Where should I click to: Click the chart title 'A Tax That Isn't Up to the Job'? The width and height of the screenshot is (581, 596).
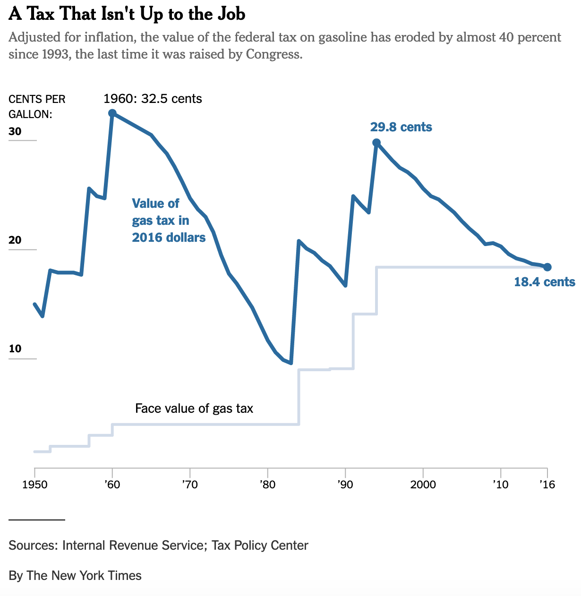pos(127,14)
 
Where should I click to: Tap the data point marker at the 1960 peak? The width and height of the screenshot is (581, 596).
pos(112,113)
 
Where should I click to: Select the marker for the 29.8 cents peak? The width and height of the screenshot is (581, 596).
pos(376,143)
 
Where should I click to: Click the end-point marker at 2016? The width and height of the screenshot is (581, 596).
pos(547,267)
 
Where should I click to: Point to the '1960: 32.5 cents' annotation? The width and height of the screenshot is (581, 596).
pos(153,99)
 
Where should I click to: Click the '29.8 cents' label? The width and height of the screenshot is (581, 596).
pos(401,127)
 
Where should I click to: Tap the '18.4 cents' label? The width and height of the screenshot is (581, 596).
pos(544,282)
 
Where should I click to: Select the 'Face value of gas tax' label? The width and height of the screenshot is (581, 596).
pos(194,408)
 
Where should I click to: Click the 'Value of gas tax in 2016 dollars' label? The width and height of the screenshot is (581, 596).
pos(169,220)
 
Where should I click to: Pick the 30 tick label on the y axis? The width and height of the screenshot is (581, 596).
pos(15,131)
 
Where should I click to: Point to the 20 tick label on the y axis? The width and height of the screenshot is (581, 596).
pos(15,240)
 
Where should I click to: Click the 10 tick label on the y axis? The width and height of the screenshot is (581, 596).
pos(15,349)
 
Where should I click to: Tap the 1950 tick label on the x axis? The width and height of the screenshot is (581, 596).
pos(35,485)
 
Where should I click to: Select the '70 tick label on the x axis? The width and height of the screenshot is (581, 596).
pos(189,485)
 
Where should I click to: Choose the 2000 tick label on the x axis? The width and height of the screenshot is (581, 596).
pos(423,485)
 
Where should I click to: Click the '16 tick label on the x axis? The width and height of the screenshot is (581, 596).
pos(547,485)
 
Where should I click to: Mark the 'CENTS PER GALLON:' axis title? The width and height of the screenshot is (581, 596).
pos(37,106)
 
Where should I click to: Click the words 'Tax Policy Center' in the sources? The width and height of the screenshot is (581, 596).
pos(260,545)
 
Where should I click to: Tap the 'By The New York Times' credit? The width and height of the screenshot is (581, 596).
pos(75,576)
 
